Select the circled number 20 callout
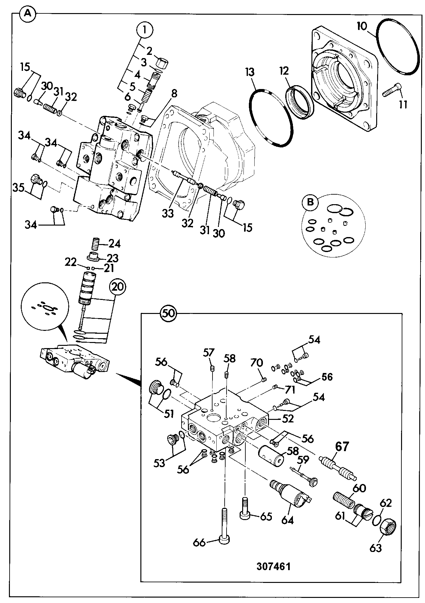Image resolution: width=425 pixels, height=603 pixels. pyautogui.click(x=118, y=287)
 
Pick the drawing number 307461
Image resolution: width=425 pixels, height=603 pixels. pyautogui.click(x=274, y=566)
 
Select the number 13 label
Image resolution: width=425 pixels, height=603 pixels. pyautogui.click(x=250, y=72)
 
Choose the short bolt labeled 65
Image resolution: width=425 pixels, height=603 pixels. pyautogui.click(x=245, y=509)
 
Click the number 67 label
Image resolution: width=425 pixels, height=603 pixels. pyautogui.click(x=342, y=447)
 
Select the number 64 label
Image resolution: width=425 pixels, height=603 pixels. pyautogui.click(x=287, y=521)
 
